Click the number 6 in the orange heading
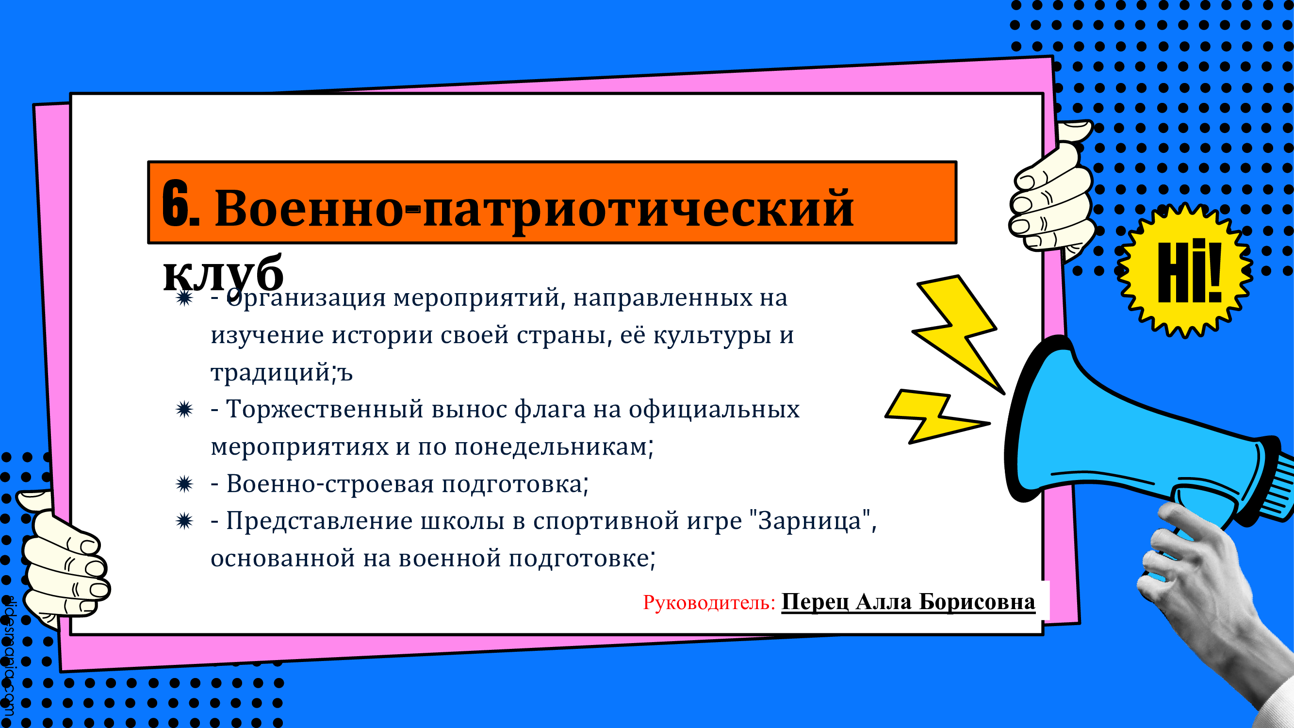pos(175,203)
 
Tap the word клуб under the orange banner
pos(224,274)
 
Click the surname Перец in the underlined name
pos(815,602)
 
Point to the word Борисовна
pos(977,601)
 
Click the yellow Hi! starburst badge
pos(1187,271)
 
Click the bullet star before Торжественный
pos(184,410)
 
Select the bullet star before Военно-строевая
pos(184,484)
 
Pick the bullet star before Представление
pos(184,522)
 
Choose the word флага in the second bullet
pos(550,409)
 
